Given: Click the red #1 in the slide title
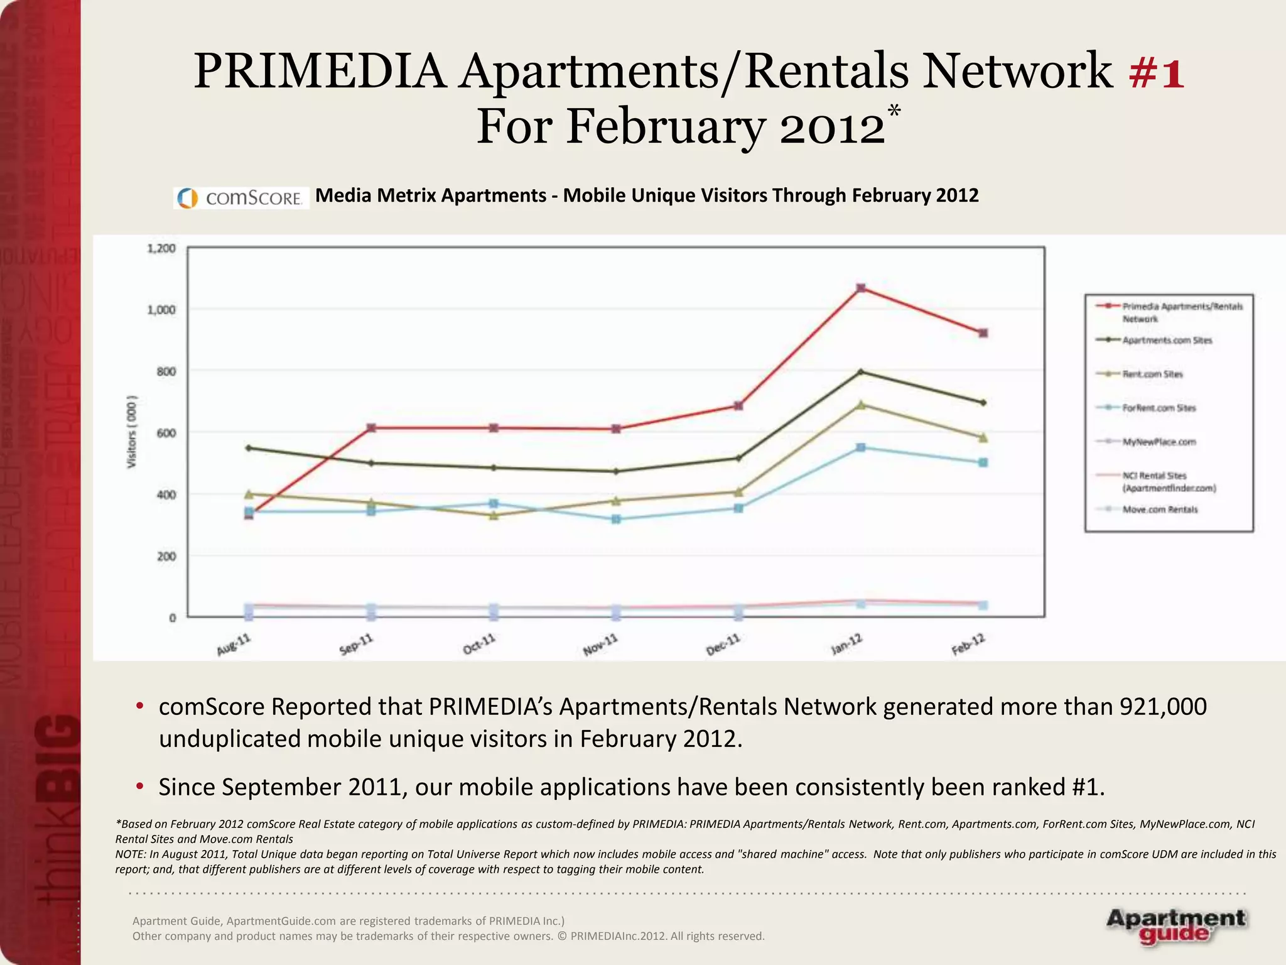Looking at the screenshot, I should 1156,73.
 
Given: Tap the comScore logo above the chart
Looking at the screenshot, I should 241,198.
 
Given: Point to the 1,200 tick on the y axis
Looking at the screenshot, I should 161,249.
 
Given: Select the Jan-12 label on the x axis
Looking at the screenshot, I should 847,645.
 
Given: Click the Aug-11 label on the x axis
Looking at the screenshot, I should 234,645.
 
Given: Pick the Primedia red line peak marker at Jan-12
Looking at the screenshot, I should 861,288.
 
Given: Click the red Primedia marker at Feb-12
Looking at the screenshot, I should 983,333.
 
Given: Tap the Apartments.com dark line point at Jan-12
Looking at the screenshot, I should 861,372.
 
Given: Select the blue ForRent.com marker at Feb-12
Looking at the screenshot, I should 983,462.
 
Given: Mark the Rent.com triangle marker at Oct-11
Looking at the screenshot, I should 494,515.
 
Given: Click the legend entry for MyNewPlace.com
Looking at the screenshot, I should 1159,442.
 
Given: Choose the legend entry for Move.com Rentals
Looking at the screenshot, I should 1159,510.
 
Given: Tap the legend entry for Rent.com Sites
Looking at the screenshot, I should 1152,374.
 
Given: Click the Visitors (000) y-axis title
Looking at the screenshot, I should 132,432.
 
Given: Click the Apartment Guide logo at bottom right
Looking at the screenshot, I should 1175,926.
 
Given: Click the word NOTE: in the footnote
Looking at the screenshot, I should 131,854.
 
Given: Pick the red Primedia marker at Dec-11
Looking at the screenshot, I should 738,406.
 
